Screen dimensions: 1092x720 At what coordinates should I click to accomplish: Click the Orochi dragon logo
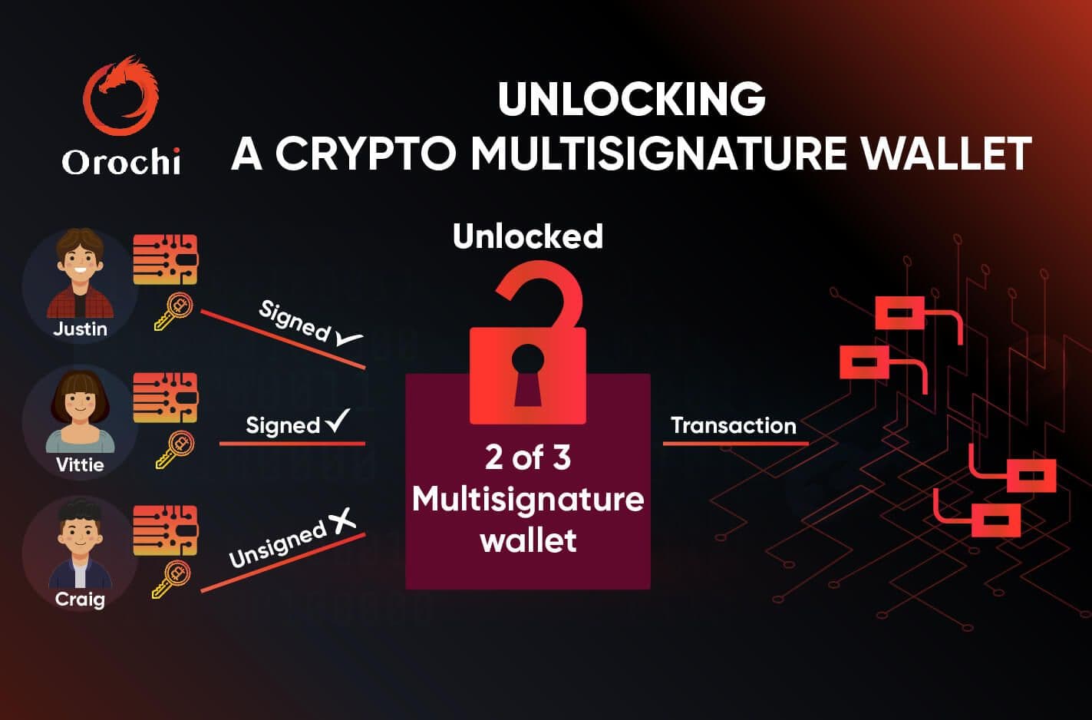point(120,95)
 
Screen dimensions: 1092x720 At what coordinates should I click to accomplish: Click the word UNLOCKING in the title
point(632,99)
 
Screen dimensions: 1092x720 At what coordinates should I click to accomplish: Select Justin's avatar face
point(80,263)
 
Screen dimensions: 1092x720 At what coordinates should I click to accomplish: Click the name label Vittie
point(80,464)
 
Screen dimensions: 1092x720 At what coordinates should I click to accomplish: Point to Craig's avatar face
point(80,533)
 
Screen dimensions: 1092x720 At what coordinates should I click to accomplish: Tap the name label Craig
point(80,599)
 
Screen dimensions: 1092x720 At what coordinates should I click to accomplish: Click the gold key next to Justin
point(173,312)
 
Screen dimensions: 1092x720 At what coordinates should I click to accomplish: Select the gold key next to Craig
point(171,580)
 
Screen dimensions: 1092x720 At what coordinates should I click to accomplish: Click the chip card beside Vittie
point(165,398)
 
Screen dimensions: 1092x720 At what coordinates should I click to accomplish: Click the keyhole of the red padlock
point(528,375)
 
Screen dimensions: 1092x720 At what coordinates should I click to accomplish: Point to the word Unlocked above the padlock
point(528,236)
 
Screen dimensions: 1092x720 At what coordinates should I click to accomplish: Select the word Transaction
point(734,425)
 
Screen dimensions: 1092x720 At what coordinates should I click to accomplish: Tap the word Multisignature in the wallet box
point(528,500)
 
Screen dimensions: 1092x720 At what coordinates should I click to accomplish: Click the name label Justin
point(80,329)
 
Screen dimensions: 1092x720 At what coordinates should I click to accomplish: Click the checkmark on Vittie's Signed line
point(338,420)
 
